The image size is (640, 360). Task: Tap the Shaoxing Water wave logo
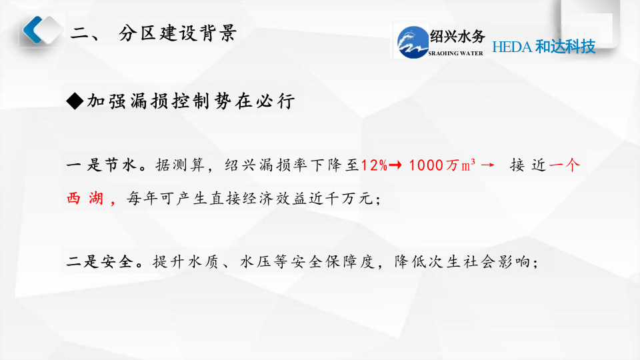coord(411,41)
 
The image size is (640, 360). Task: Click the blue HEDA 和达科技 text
coord(543,47)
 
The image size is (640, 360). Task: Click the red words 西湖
coord(85,199)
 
